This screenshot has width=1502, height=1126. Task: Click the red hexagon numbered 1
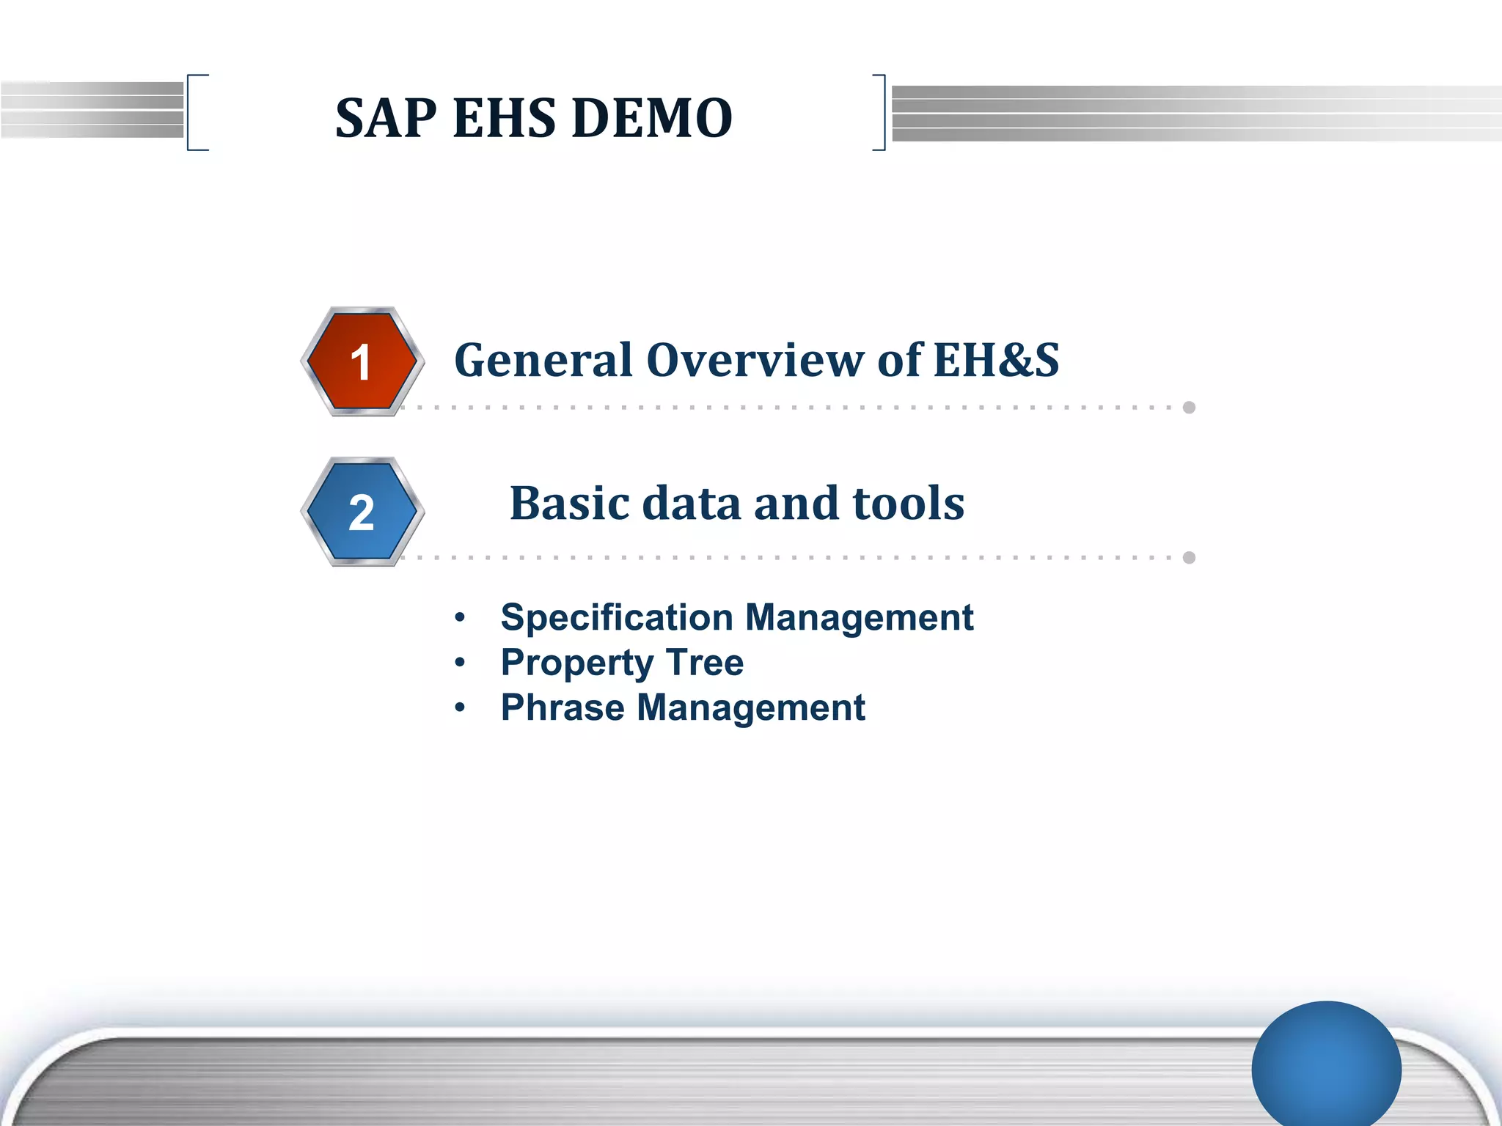pyautogui.click(x=362, y=361)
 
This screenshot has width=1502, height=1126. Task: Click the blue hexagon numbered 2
pyautogui.click(x=362, y=512)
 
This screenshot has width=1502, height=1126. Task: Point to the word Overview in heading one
pyautogui.click(x=755, y=361)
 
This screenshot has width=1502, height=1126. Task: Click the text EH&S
pyautogui.click(x=996, y=360)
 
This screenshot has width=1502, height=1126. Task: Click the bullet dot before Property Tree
pyautogui.click(x=460, y=663)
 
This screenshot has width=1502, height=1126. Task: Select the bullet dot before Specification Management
pyautogui.click(x=460, y=618)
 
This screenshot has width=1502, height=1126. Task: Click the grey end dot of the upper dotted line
pyautogui.click(x=1189, y=408)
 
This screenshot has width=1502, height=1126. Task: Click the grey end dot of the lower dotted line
pyautogui.click(x=1189, y=558)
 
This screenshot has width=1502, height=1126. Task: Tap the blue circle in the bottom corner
pyautogui.click(x=1326, y=1067)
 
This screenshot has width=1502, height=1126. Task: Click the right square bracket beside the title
pyautogui.click(x=882, y=112)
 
